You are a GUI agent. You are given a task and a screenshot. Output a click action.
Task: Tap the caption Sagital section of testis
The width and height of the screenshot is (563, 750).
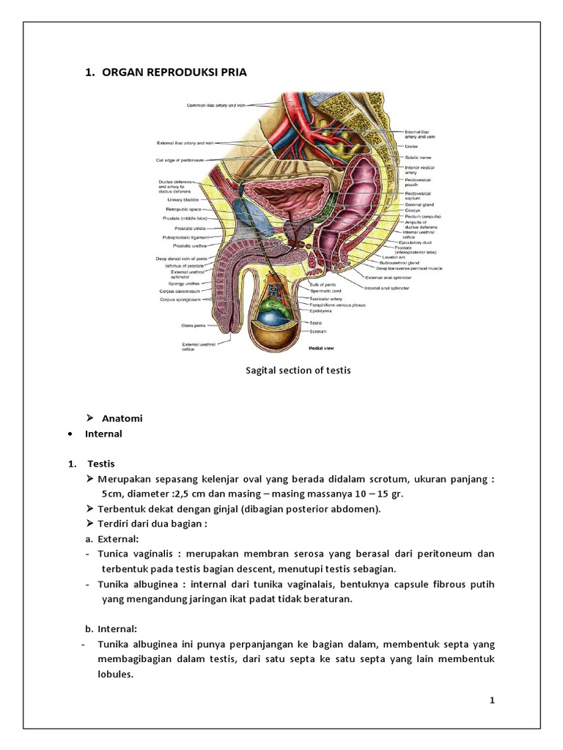[x=298, y=371]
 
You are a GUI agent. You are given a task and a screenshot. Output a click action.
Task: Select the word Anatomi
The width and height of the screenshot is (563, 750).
[x=122, y=418]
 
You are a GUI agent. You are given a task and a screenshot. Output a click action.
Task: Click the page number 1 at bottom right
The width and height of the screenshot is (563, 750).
[x=493, y=701]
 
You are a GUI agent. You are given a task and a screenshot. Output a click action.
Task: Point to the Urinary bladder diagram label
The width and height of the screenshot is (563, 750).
[x=184, y=199]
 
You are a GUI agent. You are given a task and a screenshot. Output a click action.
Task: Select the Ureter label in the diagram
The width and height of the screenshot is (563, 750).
[x=411, y=146]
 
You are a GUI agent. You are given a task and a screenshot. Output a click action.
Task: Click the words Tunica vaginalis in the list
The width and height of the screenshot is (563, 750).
[x=134, y=554]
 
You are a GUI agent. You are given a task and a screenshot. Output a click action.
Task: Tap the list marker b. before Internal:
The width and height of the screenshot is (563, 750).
[x=90, y=628]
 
